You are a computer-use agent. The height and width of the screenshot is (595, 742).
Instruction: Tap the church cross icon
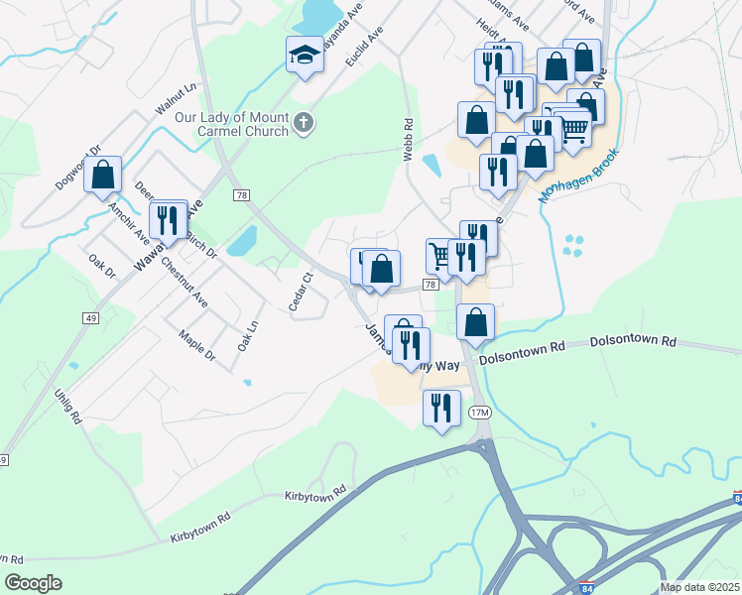pyautogui.click(x=305, y=124)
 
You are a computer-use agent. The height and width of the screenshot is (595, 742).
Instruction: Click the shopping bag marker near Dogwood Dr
pyautogui.click(x=103, y=176)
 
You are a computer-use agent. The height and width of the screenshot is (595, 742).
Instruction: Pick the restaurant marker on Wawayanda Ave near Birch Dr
pyautogui.click(x=168, y=220)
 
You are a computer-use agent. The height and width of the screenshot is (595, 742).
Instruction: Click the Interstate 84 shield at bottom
pyautogui.click(x=586, y=587)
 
